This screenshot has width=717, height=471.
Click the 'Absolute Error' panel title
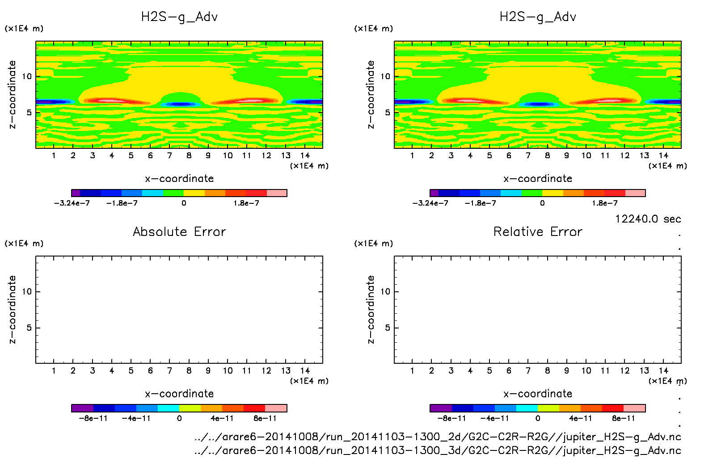[x=179, y=231]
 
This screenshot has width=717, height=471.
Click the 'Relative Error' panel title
[x=538, y=231]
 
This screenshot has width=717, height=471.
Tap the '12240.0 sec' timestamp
[x=648, y=219]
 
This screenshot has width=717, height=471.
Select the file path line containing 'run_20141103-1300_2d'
[x=438, y=437]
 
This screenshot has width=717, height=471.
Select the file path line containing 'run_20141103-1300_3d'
[x=438, y=450]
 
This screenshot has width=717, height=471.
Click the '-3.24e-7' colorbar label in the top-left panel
[x=72, y=203]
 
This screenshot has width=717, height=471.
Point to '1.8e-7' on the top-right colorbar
[x=605, y=203]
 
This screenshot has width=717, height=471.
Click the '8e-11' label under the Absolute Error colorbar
[x=265, y=419]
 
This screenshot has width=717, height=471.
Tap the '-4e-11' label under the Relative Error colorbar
[x=495, y=419]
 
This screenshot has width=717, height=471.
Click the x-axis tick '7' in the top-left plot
[x=169, y=156]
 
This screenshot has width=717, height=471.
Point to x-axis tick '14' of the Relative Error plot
[x=663, y=371]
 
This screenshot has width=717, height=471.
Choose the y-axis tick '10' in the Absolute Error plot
[x=27, y=292]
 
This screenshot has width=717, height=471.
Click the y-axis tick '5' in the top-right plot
[x=387, y=113]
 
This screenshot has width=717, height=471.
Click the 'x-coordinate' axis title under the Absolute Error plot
[x=179, y=394]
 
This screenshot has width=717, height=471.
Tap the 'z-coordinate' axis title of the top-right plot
[x=371, y=95]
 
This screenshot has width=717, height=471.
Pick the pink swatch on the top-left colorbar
[x=277, y=193]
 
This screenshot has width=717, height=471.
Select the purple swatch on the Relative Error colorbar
[x=441, y=408]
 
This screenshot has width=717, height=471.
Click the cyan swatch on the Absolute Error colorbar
[x=169, y=408]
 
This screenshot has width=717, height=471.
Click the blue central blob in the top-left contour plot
[x=181, y=104]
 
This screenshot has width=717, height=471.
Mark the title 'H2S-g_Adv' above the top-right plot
[x=538, y=17]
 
